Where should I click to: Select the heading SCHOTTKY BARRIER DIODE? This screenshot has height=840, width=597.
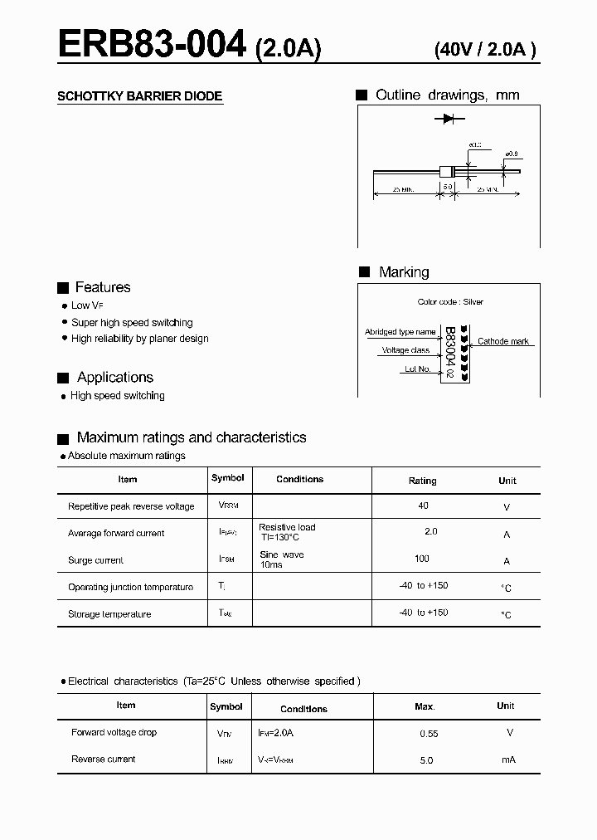click(x=139, y=96)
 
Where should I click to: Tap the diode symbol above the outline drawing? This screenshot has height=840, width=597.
click(x=449, y=120)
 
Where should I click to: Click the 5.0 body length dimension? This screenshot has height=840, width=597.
click(x=448, y=188)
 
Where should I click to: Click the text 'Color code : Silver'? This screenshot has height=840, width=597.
click(x=450, y=302)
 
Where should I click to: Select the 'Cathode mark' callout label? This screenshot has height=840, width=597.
click(x=503, y=341)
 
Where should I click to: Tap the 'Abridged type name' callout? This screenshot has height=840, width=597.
click(x=400, y=332)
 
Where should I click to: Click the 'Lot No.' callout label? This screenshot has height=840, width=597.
click(x=417, y=369)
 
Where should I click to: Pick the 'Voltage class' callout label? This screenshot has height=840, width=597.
click(x=405, y=350)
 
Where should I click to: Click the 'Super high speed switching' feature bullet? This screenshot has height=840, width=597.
click(x=132, y=322)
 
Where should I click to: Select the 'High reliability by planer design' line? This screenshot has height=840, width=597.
click(x=139, y=339)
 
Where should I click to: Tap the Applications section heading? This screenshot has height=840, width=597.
click(x=114, y=378)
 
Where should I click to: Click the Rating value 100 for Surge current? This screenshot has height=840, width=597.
click(x=422, y=559)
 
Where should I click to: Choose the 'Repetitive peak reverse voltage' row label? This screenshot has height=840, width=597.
click(x=131, y=506)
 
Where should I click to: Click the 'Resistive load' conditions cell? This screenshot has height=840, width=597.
click(x=287, y=527)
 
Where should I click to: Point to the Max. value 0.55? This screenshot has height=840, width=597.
click(x=428, y=734)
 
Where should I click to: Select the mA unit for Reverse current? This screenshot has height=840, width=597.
click(x=508, y=759)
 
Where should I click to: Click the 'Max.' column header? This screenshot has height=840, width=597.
click(x=425, y=706)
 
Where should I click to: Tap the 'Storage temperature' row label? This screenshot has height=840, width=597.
click(x=109, y=614)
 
